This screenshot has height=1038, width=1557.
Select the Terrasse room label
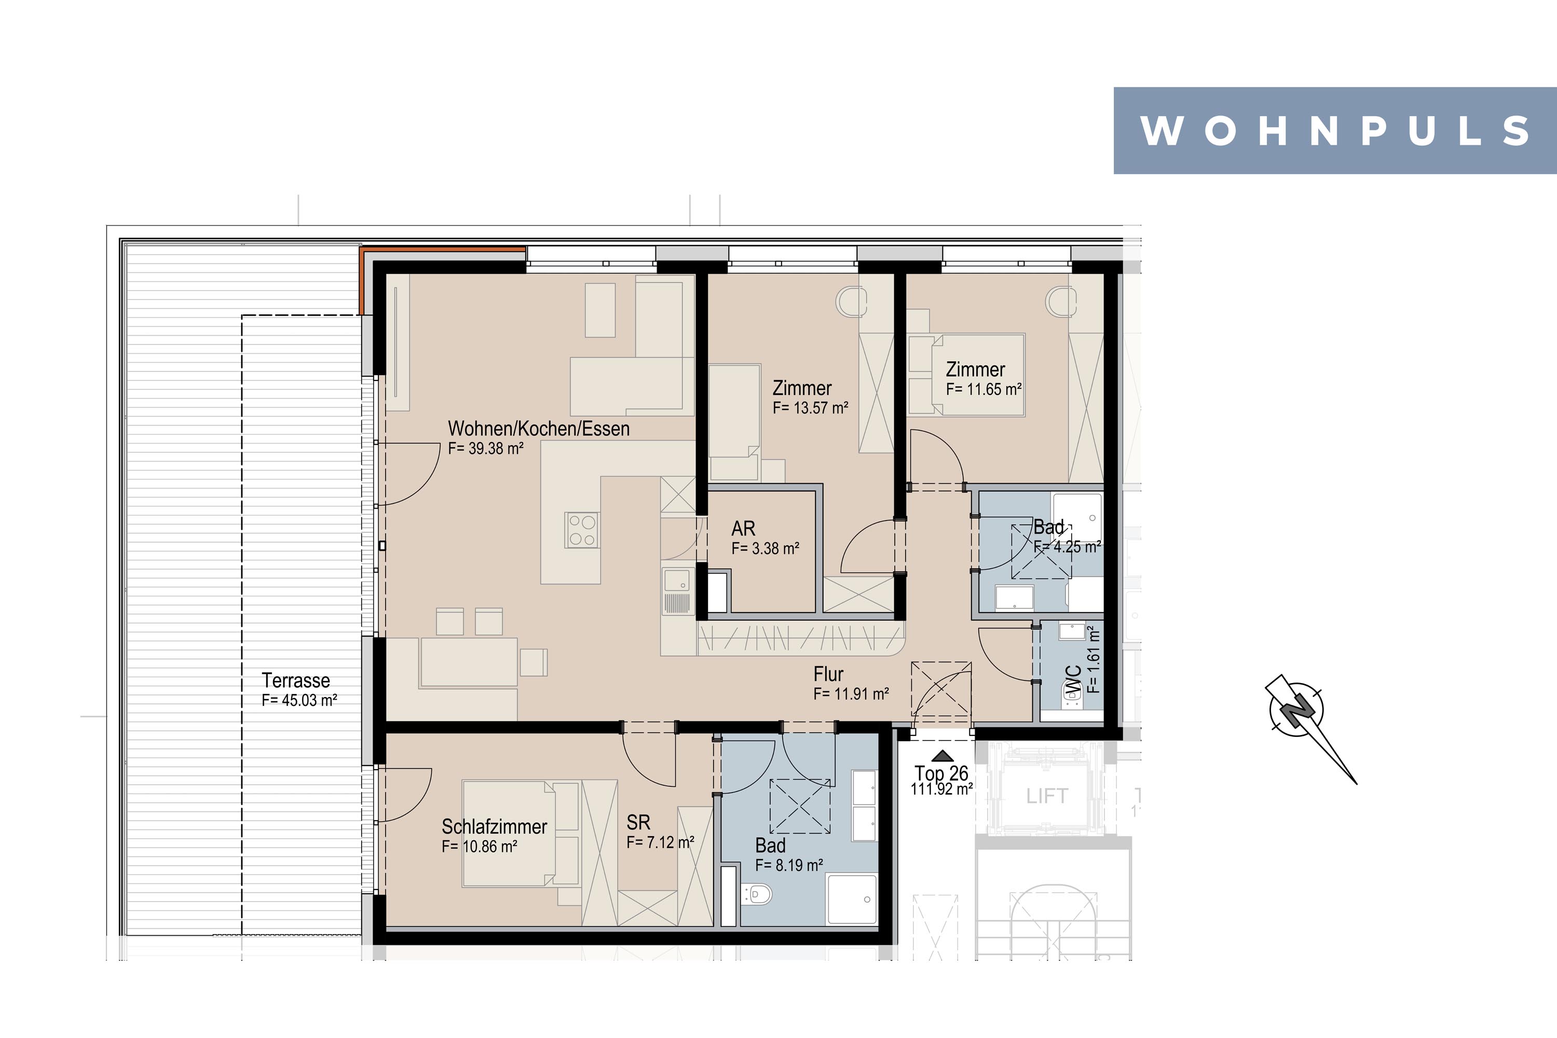pyautogui.click(x=296, y=680)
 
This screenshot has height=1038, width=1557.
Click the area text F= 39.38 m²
pyautogui.click(x=486, y=448)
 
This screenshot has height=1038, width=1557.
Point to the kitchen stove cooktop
pyautogui.click(x=582, y=529)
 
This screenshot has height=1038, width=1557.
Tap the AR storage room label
pyautogui.click(x=743, y=528)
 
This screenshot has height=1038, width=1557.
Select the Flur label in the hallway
pyautogui.click(x=828, y=674)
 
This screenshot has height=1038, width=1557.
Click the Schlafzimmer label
pyautogui.click(x=495, y=827)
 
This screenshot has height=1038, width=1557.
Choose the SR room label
pyautogui.click(x=638, y=822)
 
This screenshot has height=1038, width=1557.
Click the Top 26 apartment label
pyautogui.click(x=941, y=773)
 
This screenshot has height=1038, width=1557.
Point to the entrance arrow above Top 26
pyautogui.click(x=942, y=756)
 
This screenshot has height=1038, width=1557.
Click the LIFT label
pyautogui.click(x=1047, y=796)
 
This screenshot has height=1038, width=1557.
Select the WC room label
pyautogui.click(x=1073, y=681)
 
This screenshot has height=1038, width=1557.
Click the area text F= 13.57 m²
pyautogui.click(x=810, y=408)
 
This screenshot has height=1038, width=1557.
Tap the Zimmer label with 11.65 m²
pyautogui.click(x=975, y=370)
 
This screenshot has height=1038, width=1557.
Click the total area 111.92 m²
pyautogui.click(x=941, y=789)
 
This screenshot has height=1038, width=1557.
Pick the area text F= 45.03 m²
pyautogui.click(x=299, y=700)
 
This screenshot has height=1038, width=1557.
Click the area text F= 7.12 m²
pyautogui.click(x=660, y=842)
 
